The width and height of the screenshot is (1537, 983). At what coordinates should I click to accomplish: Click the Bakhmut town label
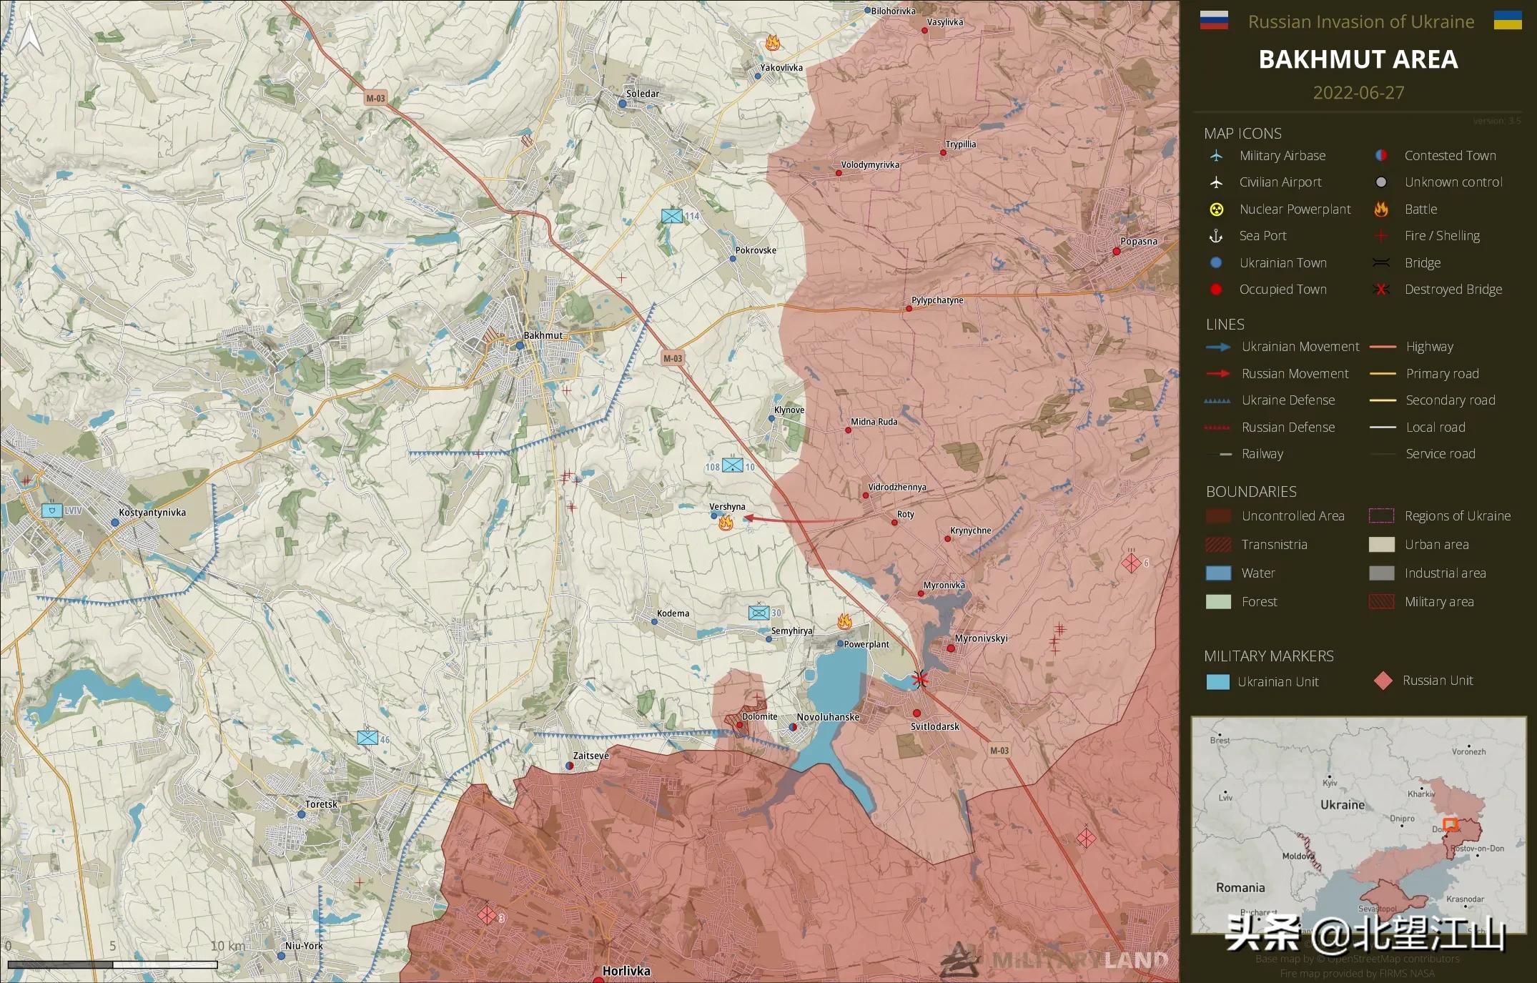click(543, 335)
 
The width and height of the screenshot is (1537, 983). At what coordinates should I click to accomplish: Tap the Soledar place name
click(642, 94)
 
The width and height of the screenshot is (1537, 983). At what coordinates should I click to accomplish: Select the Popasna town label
click(1138, 242)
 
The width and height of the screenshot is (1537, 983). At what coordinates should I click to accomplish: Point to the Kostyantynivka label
click(152, 513)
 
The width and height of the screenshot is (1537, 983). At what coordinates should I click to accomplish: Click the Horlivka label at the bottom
click(626, 971)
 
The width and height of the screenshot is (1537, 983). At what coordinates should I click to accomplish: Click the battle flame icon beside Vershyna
click(726, 523)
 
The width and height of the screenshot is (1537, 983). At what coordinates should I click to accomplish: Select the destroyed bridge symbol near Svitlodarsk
click(920, 678)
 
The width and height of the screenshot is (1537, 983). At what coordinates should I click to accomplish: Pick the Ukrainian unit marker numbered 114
click(672, 216)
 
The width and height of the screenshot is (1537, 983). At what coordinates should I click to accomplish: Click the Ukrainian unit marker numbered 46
click(367, 738)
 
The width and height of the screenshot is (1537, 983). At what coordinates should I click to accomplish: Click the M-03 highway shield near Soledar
click(375, 99)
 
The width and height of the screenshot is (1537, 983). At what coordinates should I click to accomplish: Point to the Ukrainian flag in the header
click(1508, 21)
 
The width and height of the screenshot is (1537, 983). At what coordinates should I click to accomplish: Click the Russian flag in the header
click(1213, 21)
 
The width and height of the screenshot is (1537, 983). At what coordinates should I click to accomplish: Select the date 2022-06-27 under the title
click(1358, 93)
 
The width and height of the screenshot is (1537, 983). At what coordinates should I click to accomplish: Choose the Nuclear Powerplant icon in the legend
click(1216, 209)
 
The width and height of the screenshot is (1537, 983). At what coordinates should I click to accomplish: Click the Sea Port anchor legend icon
click(1216, 236)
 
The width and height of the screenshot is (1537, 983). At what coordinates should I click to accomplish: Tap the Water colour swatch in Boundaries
click(1218, 573)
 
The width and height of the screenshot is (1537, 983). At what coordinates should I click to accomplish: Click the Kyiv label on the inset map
click(1330, 783)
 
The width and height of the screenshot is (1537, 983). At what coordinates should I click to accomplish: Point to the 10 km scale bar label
click(227, 946)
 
